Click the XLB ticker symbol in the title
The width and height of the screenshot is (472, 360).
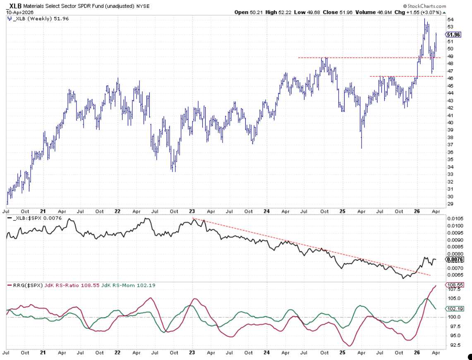tap(15, 6)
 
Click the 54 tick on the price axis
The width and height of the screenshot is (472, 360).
tap(451, 19)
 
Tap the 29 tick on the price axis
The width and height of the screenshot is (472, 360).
tap(451, 204)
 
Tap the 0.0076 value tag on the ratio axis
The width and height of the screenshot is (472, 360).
tap(455, 260)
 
